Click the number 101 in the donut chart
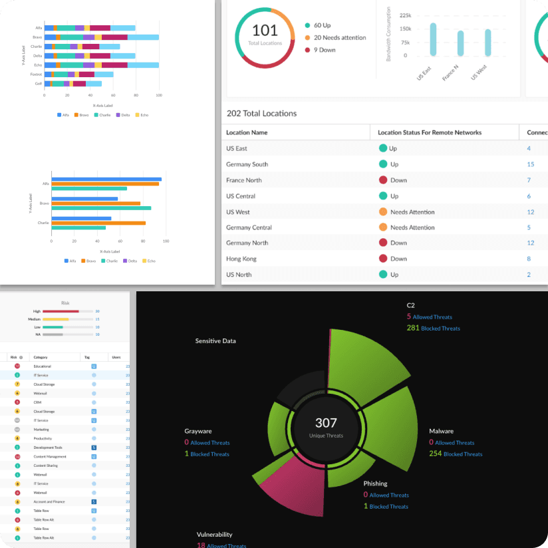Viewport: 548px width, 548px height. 265,31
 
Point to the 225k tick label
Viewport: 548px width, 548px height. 405,15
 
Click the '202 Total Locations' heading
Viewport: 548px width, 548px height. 261,114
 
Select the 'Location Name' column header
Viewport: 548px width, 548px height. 247,132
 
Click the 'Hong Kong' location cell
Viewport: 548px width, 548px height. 242,259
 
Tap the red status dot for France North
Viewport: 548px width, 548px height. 383,180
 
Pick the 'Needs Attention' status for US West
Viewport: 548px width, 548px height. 412,212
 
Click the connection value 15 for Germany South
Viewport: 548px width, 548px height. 530,164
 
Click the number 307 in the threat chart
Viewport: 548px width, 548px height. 326,423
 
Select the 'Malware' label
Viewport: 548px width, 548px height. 441,431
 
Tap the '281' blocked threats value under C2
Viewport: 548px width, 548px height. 412,328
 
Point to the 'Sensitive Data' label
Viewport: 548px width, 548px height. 215,341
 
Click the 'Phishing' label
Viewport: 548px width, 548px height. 375,483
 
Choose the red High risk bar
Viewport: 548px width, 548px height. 61,311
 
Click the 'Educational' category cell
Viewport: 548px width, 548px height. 43,366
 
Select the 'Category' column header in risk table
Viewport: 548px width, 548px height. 41,357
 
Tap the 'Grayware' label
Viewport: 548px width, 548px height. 198,431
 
